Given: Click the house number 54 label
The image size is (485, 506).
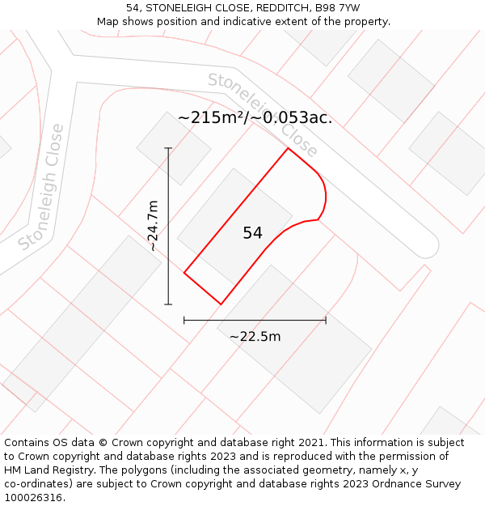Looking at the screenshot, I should [x=252, y=233].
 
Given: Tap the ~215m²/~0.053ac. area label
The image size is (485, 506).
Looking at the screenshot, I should [x=255, y=117].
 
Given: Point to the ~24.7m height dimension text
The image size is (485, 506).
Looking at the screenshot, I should [x=153, y=226].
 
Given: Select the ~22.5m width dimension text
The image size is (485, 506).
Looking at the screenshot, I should [x=255, y=337].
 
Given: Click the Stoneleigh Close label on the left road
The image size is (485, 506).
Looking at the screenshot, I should [x=41, y=187].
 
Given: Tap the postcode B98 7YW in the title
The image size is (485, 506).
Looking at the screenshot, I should [x=338, y=8].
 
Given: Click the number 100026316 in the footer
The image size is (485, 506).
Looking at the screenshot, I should [x=33, y=497].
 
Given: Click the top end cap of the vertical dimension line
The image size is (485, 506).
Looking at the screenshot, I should [x=168, y=148].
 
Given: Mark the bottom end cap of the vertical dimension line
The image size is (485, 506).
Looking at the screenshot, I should [x=168, y=304].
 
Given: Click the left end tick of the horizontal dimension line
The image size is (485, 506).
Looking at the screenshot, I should [x=184, y=321].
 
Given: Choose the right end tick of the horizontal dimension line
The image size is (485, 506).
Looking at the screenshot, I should [x=326, y=321].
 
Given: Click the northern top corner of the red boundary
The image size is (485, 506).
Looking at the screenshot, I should [x=288, y=148].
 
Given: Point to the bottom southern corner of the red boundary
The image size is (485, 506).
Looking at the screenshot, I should [x=221, y=304].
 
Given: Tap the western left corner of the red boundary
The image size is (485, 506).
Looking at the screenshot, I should [x=184, y=273].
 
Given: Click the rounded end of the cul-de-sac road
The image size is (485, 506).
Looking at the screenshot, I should [x=428, y=247].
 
